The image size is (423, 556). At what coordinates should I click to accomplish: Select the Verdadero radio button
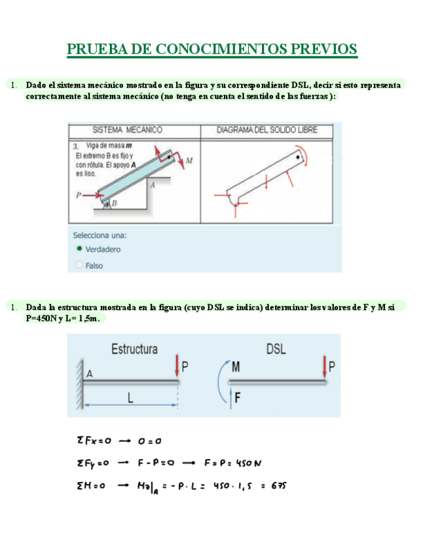(79, 249)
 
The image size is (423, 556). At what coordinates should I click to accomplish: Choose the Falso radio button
(79, 266)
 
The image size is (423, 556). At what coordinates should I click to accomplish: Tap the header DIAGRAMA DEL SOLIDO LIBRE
(267, 130)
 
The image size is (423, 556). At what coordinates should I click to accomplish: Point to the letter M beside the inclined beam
(189, 160)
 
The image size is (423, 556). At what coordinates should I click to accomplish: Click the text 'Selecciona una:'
(100, 235)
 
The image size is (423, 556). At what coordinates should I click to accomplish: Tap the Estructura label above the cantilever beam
(134, 349)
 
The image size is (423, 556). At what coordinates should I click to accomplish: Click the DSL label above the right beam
(276, 349)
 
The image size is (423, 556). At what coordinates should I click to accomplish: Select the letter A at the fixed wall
(90, 374)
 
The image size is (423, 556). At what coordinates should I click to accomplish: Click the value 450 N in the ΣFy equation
(248, 464)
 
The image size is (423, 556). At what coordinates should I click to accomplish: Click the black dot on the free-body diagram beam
(298, 157)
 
